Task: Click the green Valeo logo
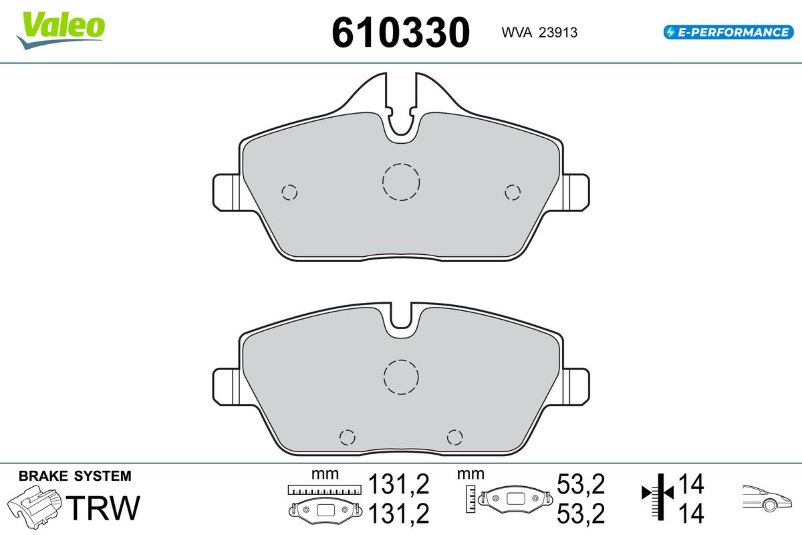tap(61, 31)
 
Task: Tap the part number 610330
tap(400, 32)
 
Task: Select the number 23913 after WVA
tap(558, 33)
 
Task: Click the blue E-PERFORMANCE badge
tap(728, 32)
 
